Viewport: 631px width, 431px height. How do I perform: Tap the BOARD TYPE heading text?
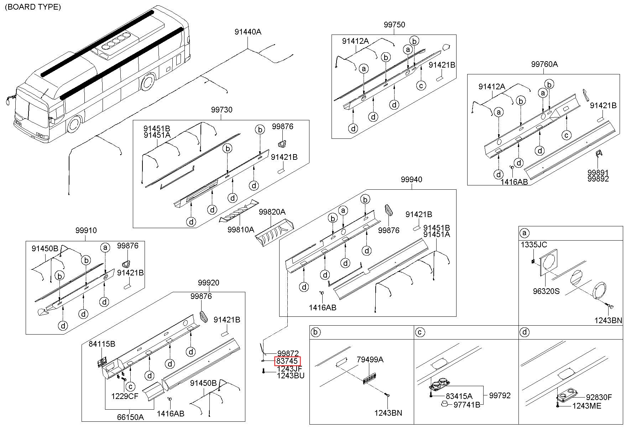[x=33, y=7]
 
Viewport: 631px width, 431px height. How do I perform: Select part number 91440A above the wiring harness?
[x=248, y=32]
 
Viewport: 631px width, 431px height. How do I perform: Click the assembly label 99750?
[x=394, y=25]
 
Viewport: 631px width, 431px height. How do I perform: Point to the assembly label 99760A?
[x=544, y=64]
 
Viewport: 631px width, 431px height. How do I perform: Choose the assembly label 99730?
[x=221, y=110]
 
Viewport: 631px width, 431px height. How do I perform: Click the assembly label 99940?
[x=411, y=180]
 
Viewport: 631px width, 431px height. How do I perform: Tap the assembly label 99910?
[x=86, y=231]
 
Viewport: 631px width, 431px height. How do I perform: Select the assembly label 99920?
[x=209, y=283]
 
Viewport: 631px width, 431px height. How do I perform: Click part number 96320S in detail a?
[x=546, y=291]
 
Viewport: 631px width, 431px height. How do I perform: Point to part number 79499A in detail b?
[x=370, y=360]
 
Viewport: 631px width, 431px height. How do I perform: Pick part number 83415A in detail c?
[x=459, y=396]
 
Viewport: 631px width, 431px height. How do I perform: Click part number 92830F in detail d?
[x=599, y=397]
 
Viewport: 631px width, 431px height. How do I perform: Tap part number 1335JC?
[x=534, y=245]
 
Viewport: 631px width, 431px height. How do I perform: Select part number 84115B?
[x=102, y=344]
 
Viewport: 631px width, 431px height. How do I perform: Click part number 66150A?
[x=130, y=417]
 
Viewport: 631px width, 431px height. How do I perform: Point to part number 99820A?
[x=272, y=212]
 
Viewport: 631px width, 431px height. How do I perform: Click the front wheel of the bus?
[x=74, y=124]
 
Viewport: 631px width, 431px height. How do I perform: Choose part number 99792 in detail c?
[x=500, y=396]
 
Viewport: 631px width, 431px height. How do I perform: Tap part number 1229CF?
[x=125, y=396]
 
